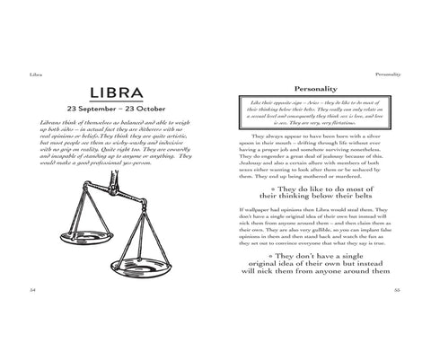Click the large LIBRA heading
[121, 93]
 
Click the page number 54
[32, 291]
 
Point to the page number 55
[397, 291]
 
